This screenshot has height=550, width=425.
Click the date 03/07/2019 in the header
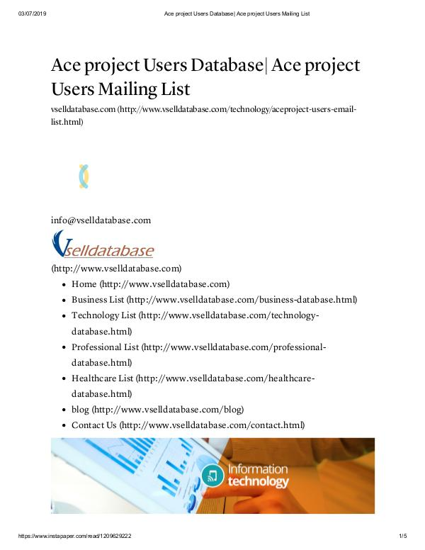[x=31, y=13]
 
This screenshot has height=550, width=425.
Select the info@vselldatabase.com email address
[x=101, y=220]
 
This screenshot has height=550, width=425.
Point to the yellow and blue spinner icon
[x=84, y=176]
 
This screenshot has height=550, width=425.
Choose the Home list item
[x=84, y=284]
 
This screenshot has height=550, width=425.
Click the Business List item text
[x=97, y=299]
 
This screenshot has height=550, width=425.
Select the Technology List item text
[x=103, y=315]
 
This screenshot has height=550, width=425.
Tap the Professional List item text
[x=105, y=347]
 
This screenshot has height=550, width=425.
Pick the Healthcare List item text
[x=102, y=378]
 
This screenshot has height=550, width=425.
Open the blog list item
[x=80, y=410]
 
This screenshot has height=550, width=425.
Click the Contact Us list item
[x=93, y=425]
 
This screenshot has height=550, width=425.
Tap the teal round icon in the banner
[x=212, y=475]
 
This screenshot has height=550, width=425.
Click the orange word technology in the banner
[x=258, y=482]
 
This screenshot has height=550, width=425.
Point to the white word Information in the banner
[x=257, y=468]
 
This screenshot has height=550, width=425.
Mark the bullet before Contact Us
[x=64, y=425]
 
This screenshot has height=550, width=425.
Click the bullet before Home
[x=64, y=284]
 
